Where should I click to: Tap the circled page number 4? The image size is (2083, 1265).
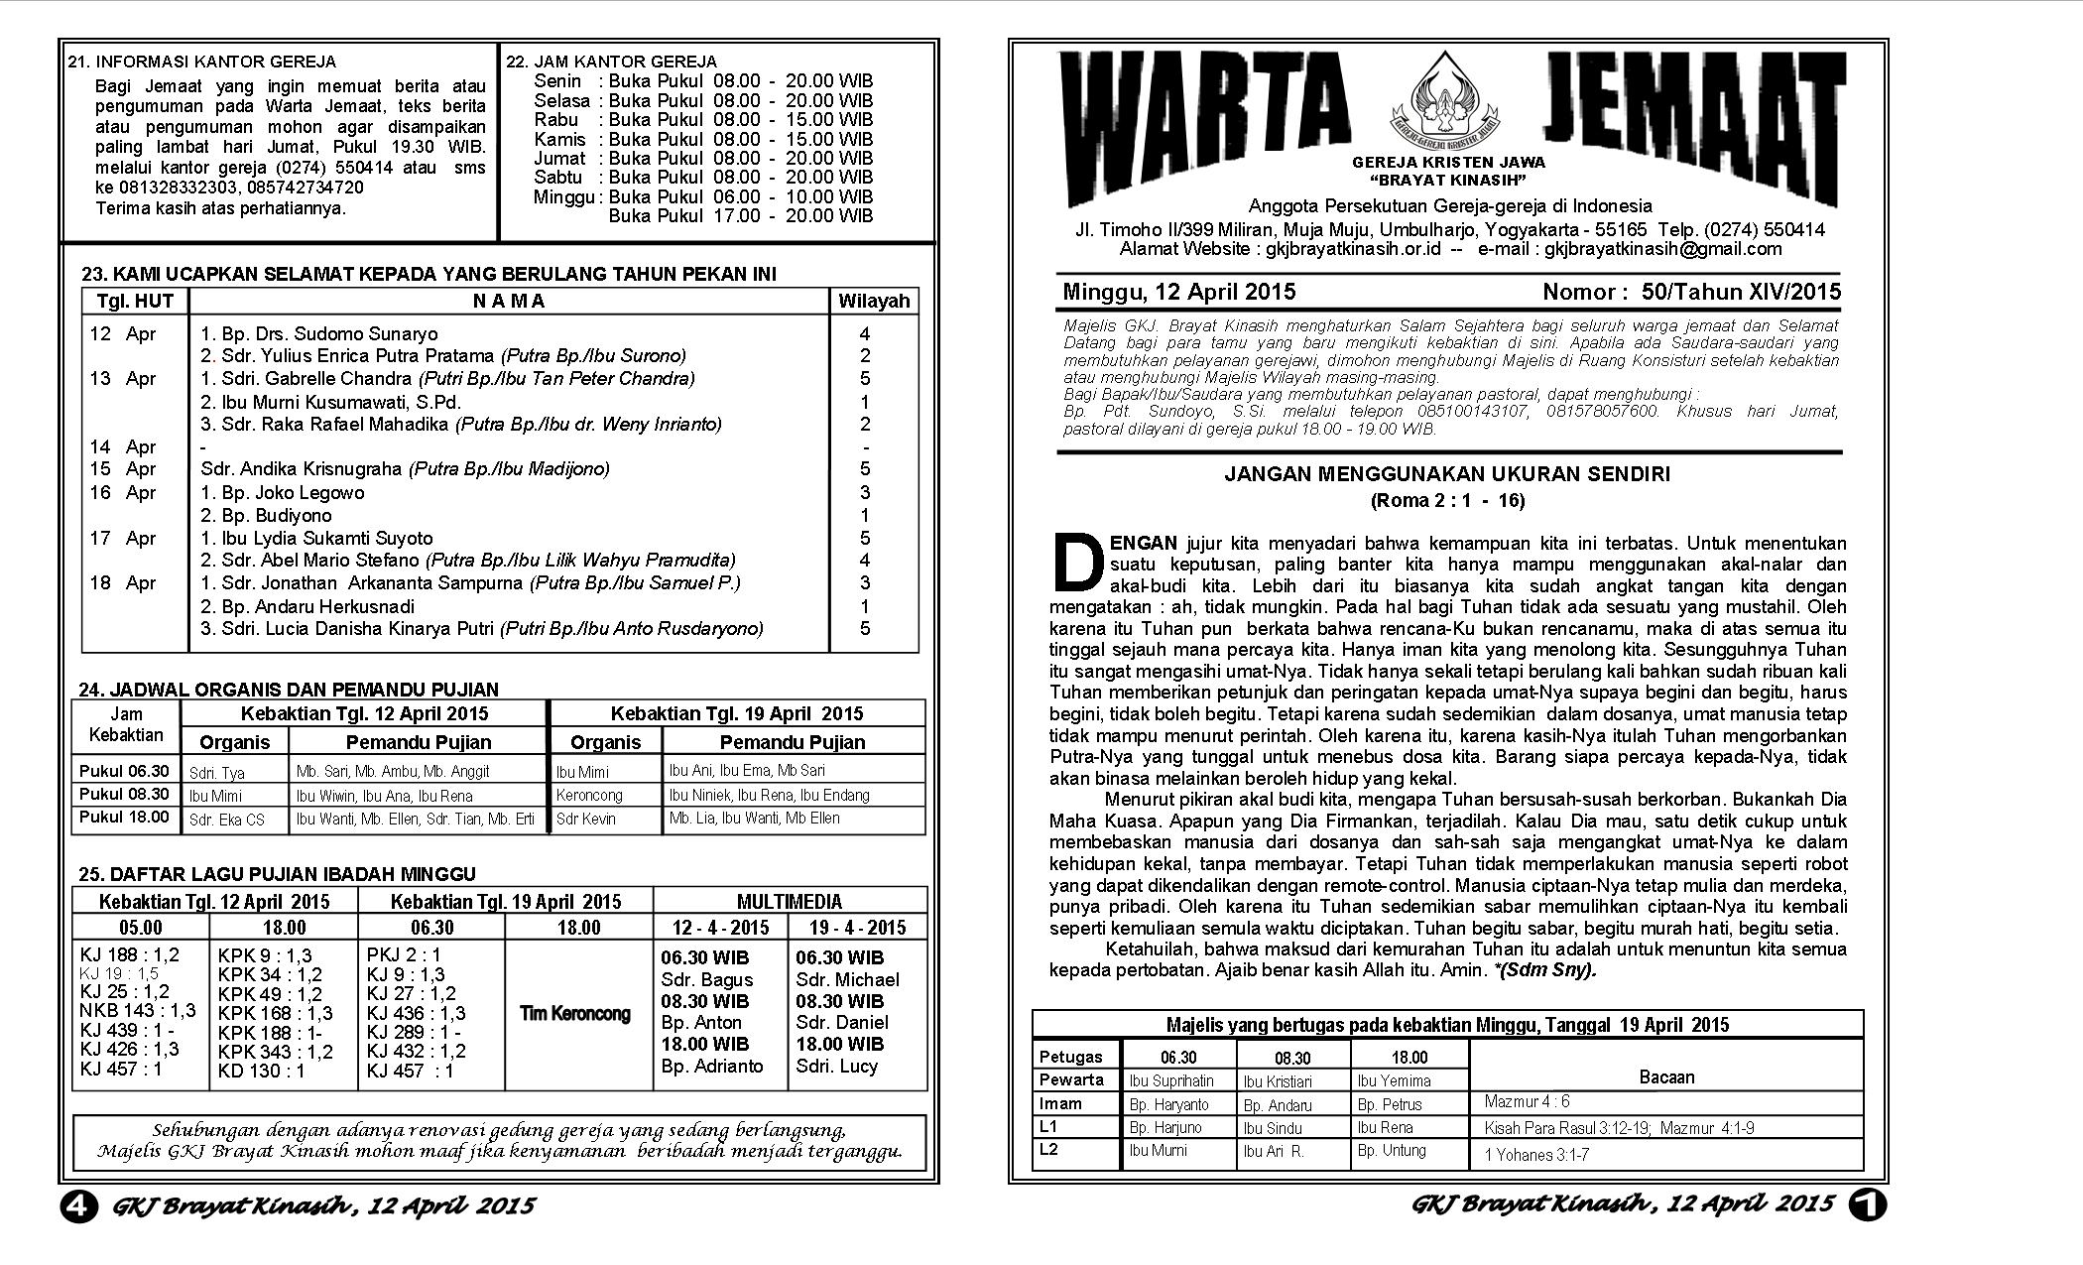[x=78, y=1205]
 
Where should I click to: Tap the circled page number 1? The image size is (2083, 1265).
[x=1867, y=1204]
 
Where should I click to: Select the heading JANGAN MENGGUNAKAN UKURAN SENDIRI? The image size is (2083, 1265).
[x=1446, y=474]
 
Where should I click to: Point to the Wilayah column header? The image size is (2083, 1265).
[x=873, y=302]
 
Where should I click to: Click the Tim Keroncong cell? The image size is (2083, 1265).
[x=575, y=1013]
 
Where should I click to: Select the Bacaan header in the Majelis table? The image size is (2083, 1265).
[x=1666, y=1076]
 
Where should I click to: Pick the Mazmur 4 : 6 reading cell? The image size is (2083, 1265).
[x=1528, y=1101]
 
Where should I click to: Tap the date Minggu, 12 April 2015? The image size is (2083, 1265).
[x=1179, y=292]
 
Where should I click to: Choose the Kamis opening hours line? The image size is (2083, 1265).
[x=703, y=139]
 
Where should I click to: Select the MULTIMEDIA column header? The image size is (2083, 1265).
[x=790, y=901]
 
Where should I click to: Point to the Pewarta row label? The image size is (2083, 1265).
[x=1071, y=1079]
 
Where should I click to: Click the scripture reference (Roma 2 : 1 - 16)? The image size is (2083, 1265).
[x=1447, y=500]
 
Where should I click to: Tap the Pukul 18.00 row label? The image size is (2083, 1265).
[x=125, y=818]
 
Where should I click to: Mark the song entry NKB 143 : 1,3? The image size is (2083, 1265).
[x=138, y=1010]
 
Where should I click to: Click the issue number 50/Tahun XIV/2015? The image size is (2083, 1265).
[x=1741, y=292]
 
